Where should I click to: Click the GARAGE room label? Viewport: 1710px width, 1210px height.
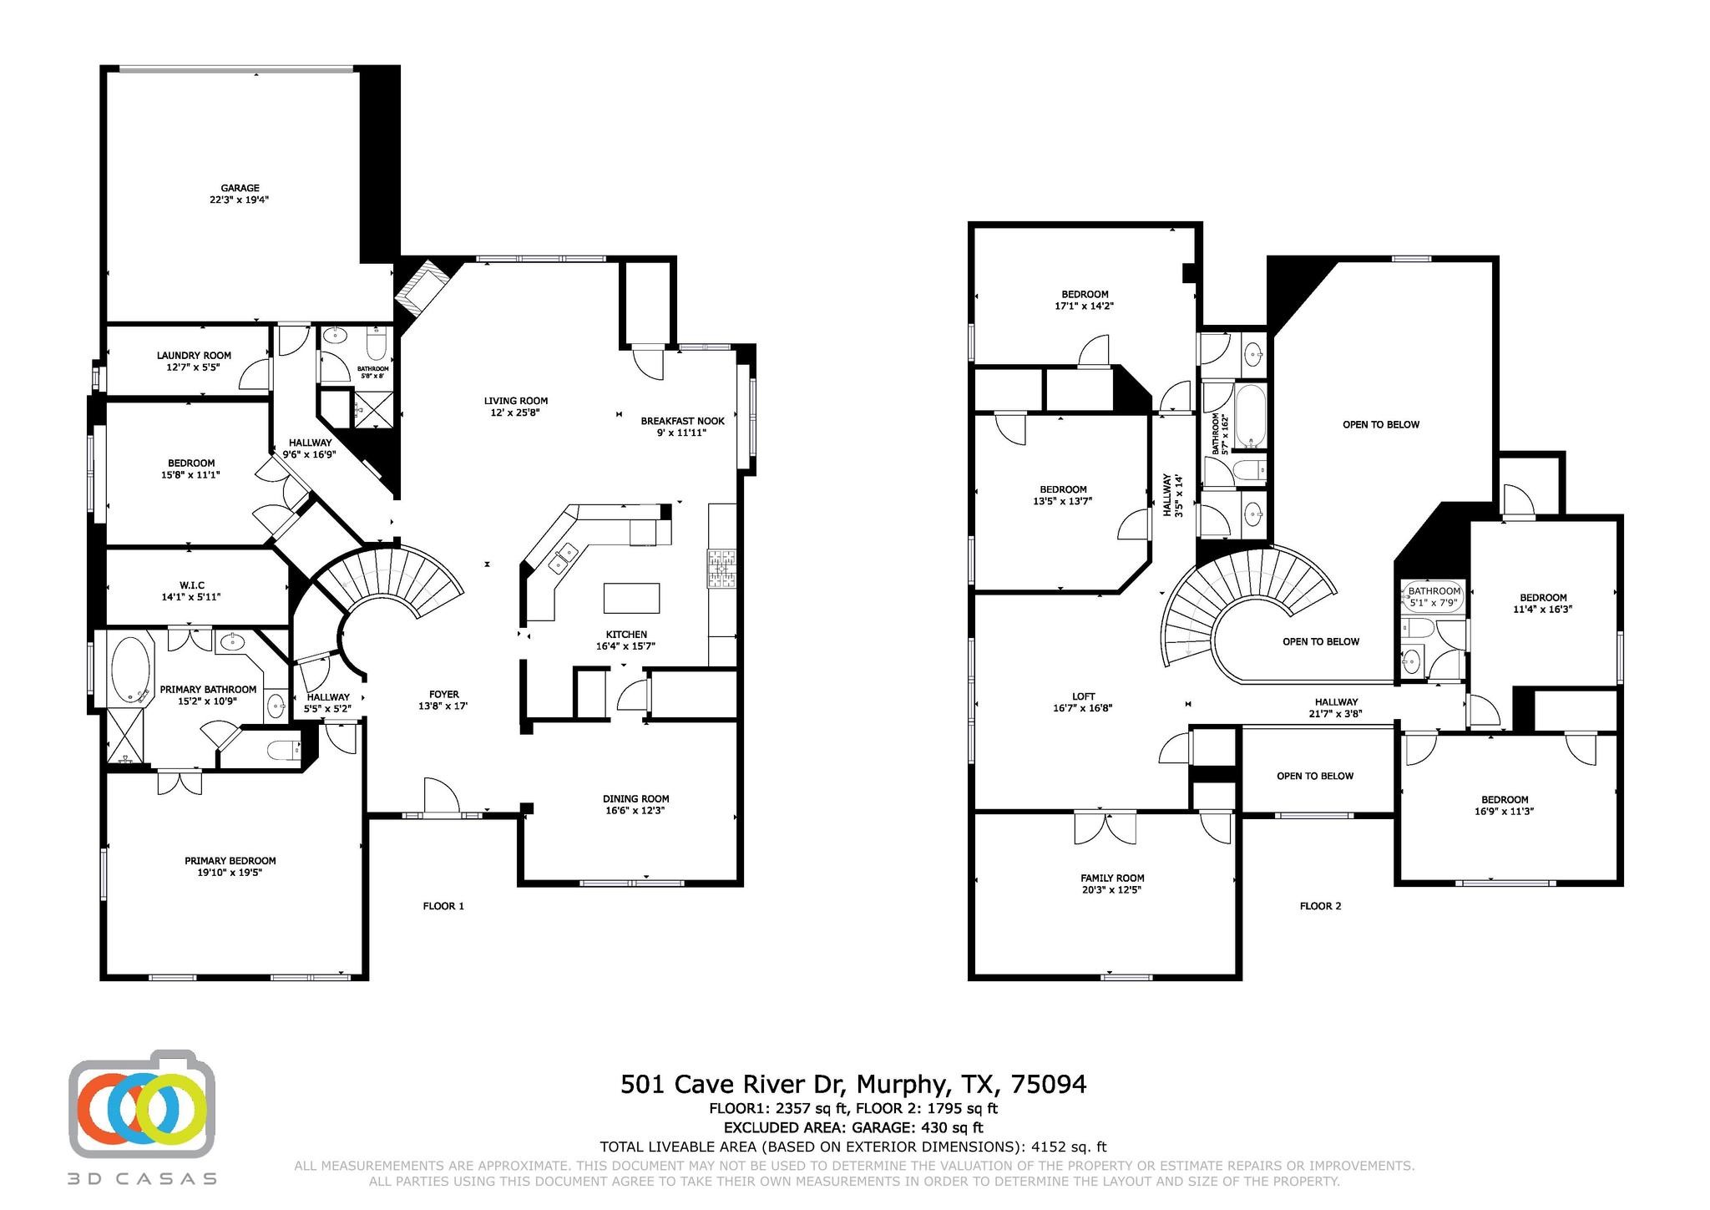pos(240,188)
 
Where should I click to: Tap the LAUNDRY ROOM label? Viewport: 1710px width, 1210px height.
pos(194,356)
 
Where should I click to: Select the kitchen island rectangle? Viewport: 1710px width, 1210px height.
pos(631,598)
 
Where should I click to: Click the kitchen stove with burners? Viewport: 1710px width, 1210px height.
pos(722,568)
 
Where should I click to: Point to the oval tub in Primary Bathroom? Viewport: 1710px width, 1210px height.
pos(130,671)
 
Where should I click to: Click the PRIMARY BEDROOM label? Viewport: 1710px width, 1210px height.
pos(230,860)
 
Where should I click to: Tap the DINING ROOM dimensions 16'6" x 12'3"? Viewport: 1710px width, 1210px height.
pos(635,811)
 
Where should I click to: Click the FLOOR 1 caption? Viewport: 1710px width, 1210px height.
pos(443,906)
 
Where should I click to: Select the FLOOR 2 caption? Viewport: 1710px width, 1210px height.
pos(1320,906)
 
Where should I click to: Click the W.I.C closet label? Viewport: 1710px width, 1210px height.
pos(191,585)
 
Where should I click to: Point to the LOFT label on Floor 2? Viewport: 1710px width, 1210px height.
pos(1084,696)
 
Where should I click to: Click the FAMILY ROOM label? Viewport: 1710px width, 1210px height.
pos(1112,878)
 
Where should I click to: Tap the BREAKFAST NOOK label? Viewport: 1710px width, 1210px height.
pos(682,421)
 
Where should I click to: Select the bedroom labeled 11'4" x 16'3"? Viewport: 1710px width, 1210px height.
pos(1542,603)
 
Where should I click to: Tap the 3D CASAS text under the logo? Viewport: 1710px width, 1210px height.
pos(143,1179)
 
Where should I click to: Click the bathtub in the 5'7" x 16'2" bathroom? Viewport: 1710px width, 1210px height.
pos(1250,415)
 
